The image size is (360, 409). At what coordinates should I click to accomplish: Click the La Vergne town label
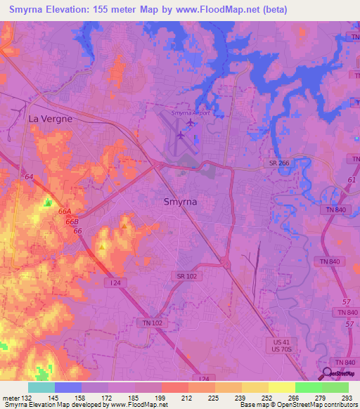point(50,119)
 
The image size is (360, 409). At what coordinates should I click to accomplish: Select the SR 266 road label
point(280,163)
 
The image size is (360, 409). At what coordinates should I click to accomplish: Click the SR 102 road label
point(187,276)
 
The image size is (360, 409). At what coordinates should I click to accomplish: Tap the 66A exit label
point(65,211)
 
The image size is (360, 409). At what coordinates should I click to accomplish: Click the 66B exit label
point(71,221)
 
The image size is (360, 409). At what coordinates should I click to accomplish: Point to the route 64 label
point(27,176)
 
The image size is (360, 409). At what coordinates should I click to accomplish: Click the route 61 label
point(351,180)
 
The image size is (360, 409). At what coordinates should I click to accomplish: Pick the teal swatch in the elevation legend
point(41,387)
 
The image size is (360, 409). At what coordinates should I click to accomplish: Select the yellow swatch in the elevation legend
point(282,387)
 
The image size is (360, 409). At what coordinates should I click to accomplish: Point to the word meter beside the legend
point(10,398)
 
